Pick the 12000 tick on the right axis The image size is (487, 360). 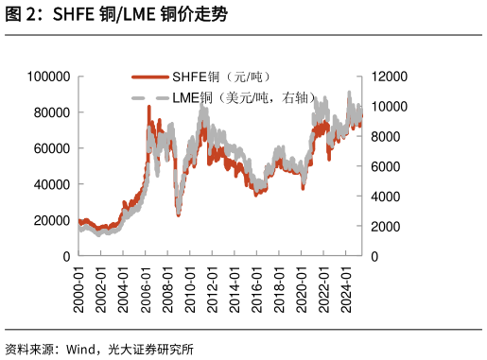(x=389, y=77)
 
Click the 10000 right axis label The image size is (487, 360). (x=389, y=107)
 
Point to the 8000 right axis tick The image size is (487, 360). (x=386, y=137)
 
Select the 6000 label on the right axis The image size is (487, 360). (x=386, y=166)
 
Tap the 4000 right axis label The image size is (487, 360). (x=386, y=197)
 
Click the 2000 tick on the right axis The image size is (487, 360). (x=386, y=227)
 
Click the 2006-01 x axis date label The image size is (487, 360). (x=146, y=283)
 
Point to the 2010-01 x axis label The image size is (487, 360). (x=190, y=283)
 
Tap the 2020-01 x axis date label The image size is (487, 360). (x=302, y=283)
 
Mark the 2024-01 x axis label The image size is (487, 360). (x=346, y=283)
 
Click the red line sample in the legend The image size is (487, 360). (x=149, y=77)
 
